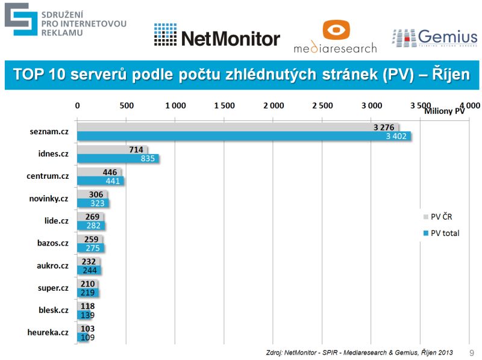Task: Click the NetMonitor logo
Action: pos(217,37)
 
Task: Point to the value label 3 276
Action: pos(384,127)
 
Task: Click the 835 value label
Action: pos(147,159)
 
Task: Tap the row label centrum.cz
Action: pos(48,176)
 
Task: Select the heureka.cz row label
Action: pos(48,332)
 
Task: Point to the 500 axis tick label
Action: pos(126,105)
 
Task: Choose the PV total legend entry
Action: pos(445,233)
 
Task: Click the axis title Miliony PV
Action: pos(445,111)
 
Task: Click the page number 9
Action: pos(472,352)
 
